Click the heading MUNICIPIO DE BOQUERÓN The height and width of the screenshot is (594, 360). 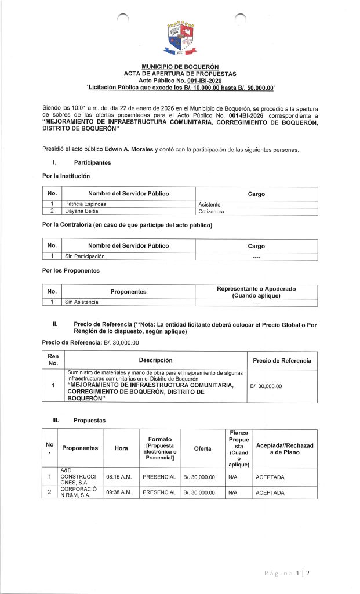coord(180,67)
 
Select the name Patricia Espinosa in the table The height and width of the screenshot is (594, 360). coord(86,204)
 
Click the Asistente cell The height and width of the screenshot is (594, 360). coord(209,204)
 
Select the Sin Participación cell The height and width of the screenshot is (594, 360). coord(85,256)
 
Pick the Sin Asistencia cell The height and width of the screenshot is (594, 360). coord(82,302)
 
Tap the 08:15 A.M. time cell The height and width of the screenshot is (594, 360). coord(121,477)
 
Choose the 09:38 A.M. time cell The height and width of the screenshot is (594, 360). coord(121,492)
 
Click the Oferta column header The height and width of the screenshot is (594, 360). coord(202,448)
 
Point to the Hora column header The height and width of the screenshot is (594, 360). coord(121,448)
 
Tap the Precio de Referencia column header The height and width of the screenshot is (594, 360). coord(282,360)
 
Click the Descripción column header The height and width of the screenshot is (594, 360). coord(155,360)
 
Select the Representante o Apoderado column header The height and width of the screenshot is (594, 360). coord(256,292)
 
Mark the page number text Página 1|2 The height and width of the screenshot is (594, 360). coord(287,573)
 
